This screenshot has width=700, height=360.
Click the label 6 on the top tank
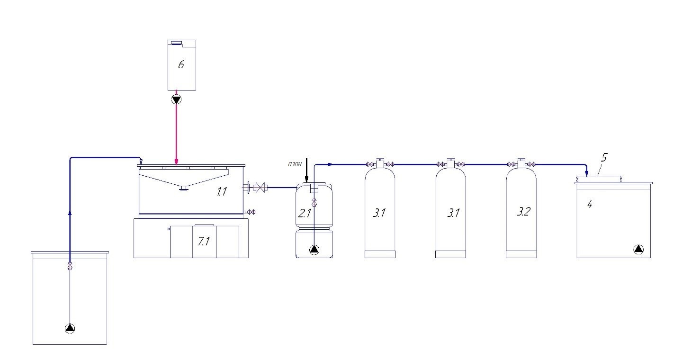tap(181, 65)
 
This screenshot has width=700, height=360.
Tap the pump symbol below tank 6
tap(177, 100)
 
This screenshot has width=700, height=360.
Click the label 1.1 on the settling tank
tap(222, 191)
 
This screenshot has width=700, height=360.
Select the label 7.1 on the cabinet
tap(204, 241)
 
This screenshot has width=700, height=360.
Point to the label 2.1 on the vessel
tap(305, 213)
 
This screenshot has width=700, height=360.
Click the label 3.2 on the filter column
tap(523, 212)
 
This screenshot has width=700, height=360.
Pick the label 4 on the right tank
tap(590, 204)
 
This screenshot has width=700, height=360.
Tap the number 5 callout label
tap(604, 157)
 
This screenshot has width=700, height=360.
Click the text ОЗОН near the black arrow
tap(295, 164)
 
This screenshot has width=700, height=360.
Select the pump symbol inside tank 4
tap(638, 249)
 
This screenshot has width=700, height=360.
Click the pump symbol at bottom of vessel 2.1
tap(314, 250)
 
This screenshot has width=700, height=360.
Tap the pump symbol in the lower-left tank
tap(70, 328)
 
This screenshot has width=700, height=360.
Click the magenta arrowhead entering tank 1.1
tap(177, 162)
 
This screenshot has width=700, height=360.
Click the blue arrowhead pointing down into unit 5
tap(586, 173)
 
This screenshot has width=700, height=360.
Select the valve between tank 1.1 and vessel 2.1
tap(260, 188)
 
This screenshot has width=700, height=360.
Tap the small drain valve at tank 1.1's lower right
tap(250, 212)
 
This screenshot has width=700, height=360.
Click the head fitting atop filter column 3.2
tap(521, 163)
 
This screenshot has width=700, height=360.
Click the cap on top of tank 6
tap(177, 43)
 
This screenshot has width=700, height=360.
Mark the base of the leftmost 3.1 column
tap(380, 254)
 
